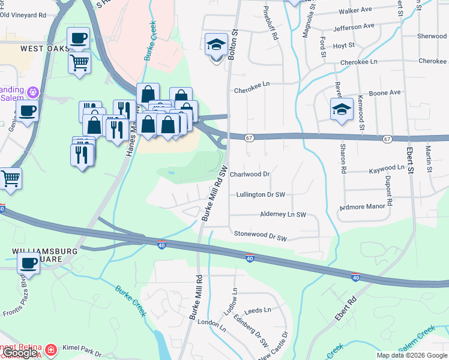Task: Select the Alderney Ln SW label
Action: pyautogui.click(x=283, y=214)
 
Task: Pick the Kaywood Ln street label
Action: pyautogui.click(x=387, y=169)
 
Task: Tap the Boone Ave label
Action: pyautogui.click(x=384, y=93)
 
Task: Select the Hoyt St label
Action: pyautogui.click(x=344, y=46)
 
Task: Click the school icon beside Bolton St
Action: pyautogui.click(x=216, y=44)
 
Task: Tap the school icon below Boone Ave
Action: pyautogui.click(x=342, y=109)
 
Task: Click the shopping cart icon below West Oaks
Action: pyautogui.click(x=80, y=62)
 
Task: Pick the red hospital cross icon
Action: pyautogui.click(x=52, y=349)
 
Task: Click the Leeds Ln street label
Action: pyautogui.click(x=258, y=310)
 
